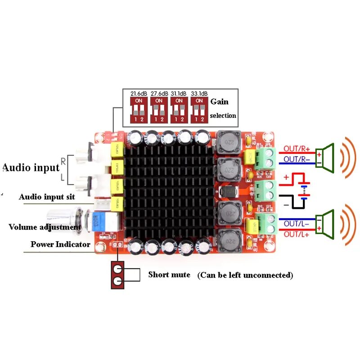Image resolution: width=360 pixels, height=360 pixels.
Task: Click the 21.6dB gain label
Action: tap(139, 94)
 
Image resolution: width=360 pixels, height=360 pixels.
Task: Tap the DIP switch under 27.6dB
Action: tap(159, 109)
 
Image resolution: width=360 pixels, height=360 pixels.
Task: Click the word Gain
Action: tap(219, 102)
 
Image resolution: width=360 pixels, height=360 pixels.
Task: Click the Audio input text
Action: tap(31, 168)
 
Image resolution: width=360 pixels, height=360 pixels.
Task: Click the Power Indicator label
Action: tap(60, 244)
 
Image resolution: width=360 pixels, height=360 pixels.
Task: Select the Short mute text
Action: tap(169, 274)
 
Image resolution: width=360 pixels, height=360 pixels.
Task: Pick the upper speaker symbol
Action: tap(325, 158)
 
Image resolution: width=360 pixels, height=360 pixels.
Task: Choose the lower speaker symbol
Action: tap(325, 224)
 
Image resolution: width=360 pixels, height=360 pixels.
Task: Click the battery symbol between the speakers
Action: tap(305, 191)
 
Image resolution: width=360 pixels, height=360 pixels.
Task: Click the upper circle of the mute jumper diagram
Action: tap(118, 269)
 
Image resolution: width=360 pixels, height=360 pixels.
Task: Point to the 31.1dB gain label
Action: tap(179, 94)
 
